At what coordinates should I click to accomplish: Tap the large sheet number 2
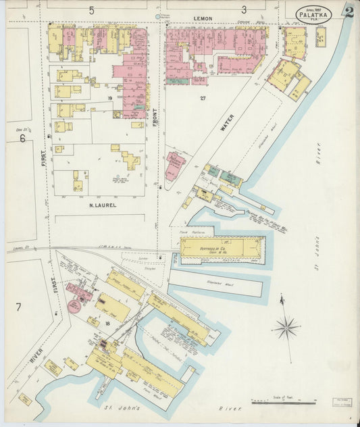349,11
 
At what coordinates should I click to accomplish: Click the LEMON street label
203,19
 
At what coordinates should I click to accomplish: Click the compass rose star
286,328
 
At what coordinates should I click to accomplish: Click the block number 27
202,99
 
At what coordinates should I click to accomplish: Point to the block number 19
109,99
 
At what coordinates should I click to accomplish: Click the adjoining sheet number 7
18,307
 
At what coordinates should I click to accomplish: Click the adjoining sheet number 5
91,10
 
